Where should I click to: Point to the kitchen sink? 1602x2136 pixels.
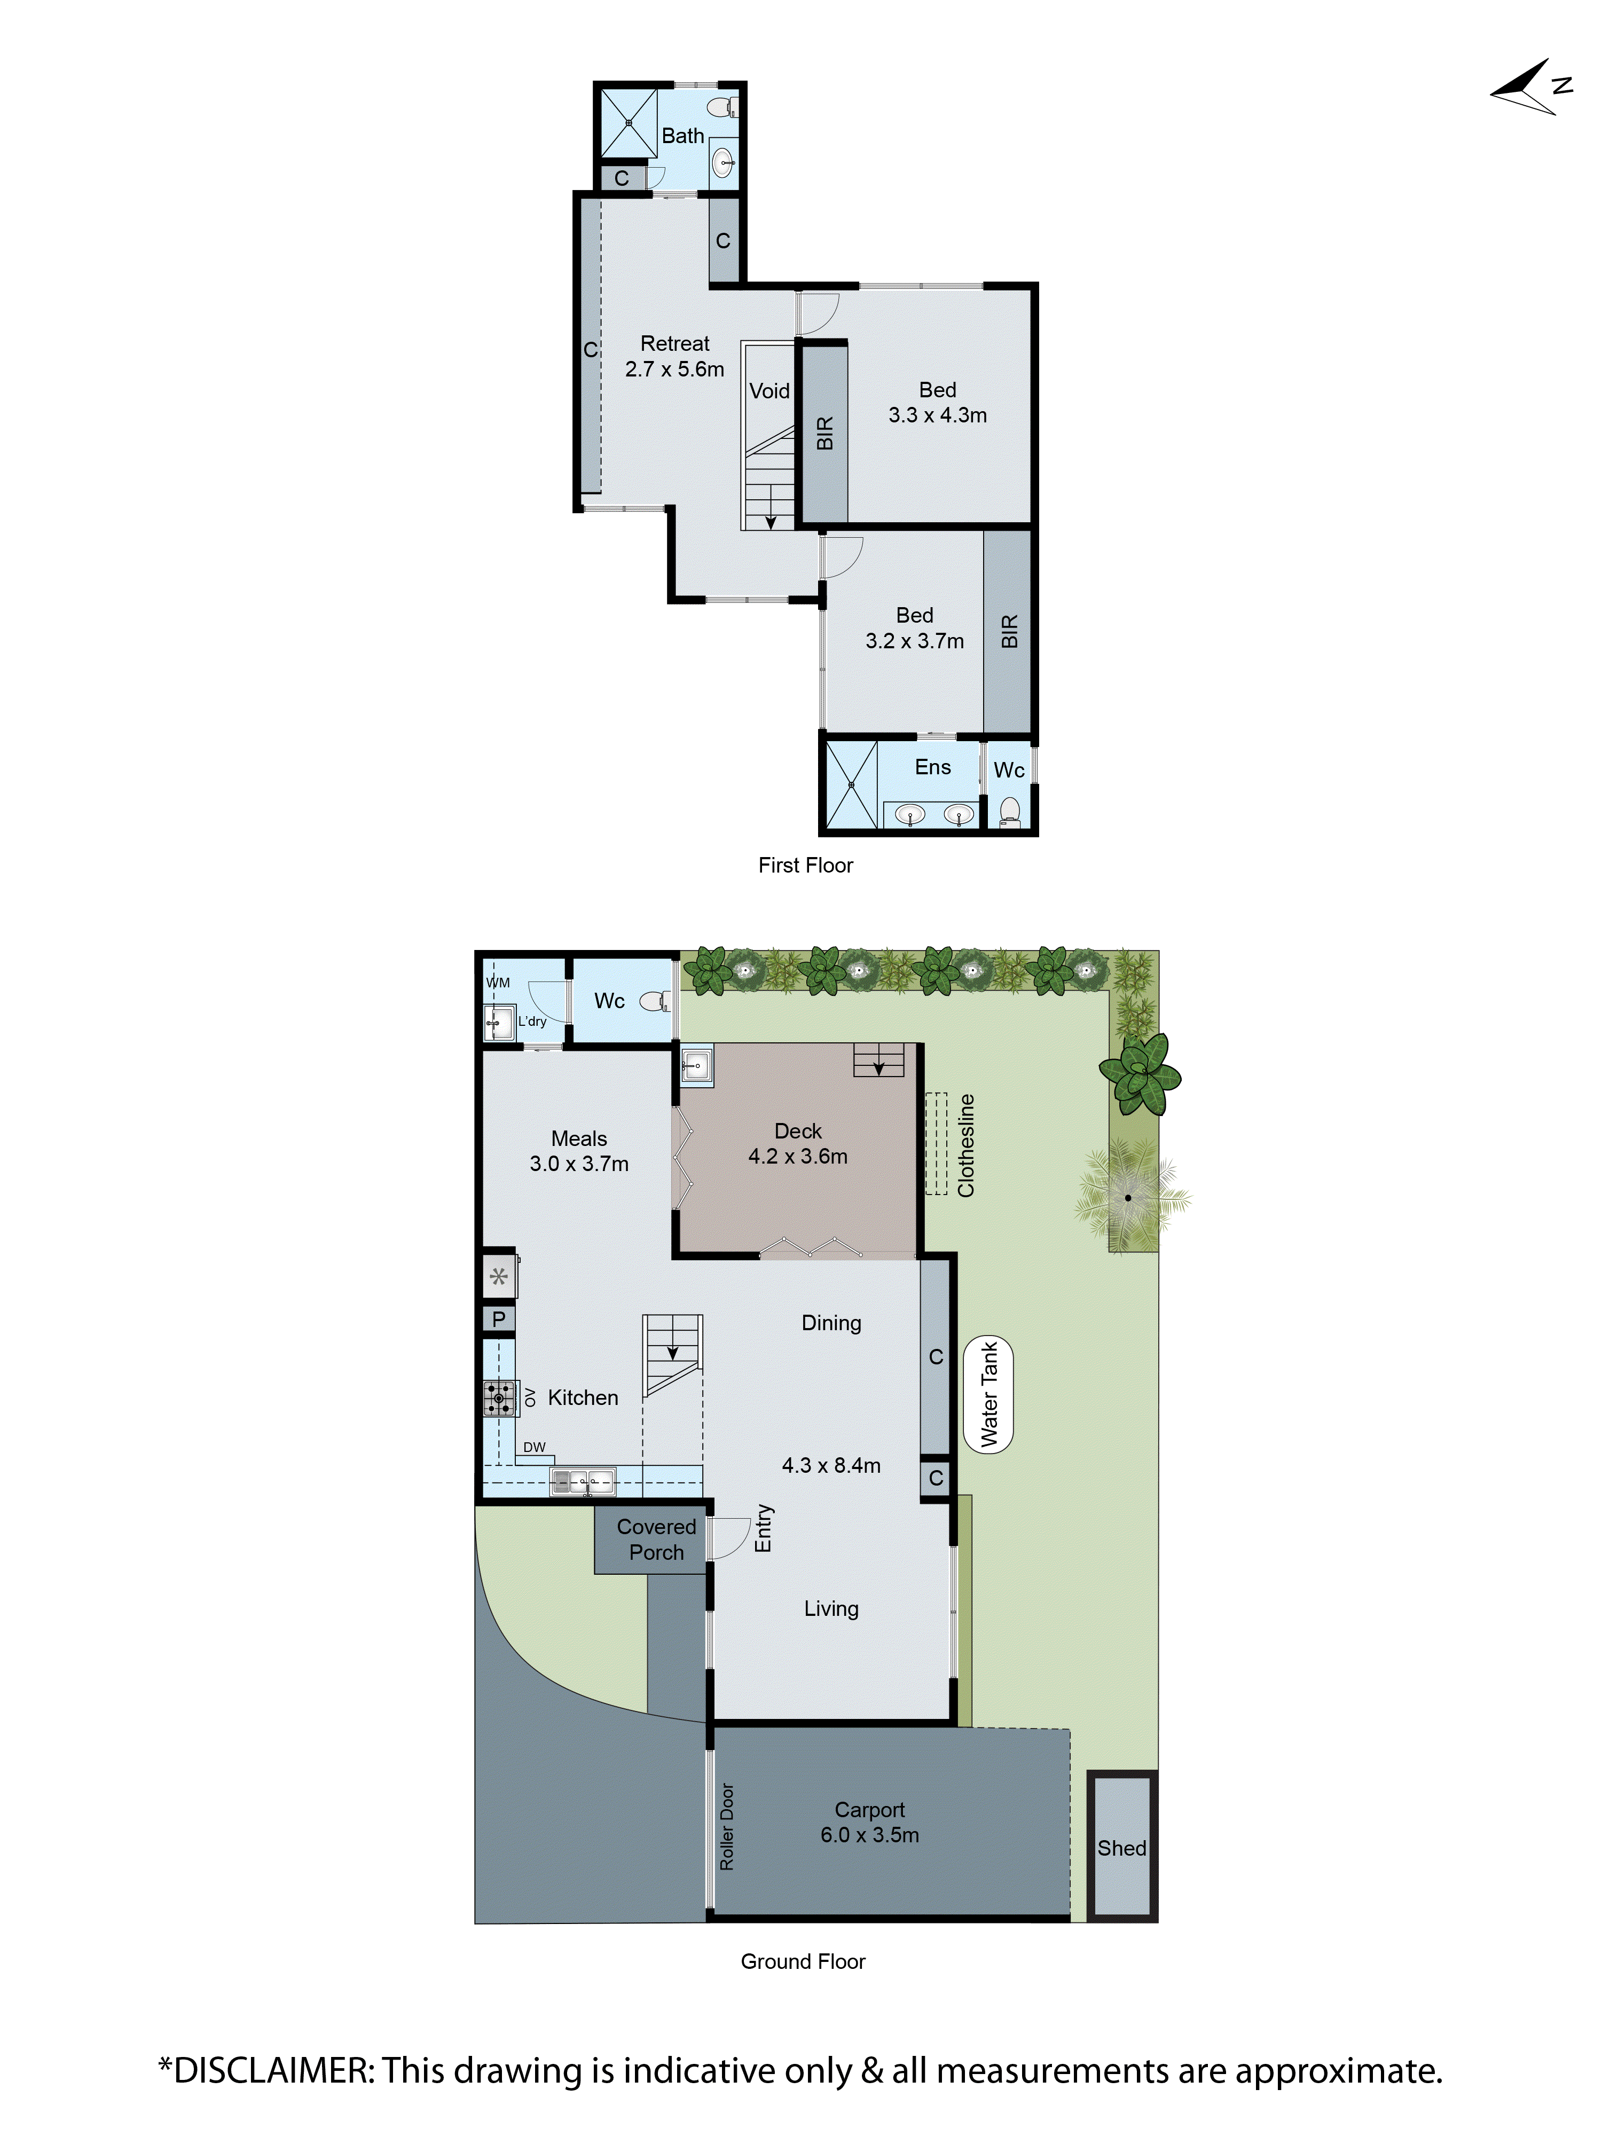tap(582, 1480)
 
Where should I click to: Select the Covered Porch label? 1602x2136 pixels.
tap(656, 1539)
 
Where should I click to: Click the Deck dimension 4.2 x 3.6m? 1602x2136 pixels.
tap(798, 1156)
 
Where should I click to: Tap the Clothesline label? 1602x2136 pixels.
tap(965, 1145)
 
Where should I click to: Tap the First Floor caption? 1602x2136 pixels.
tap(805, 865)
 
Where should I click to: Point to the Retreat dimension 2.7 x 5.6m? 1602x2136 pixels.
tap(674, 369)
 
